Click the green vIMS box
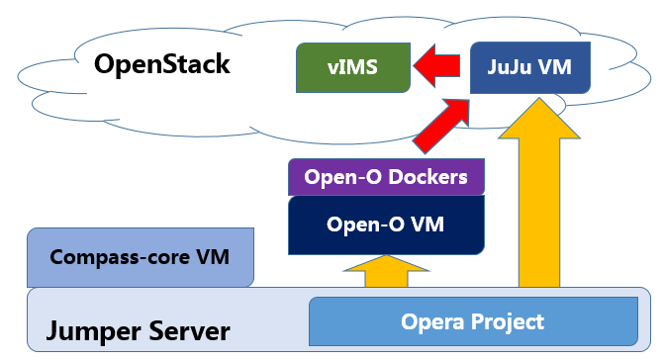point(353,67)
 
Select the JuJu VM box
point(530,67)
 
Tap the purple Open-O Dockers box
point(386,177)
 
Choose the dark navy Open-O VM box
point(386,225)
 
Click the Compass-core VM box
point(141,257)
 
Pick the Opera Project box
point(473,321)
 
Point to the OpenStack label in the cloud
point(162,64)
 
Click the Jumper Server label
point(139,331)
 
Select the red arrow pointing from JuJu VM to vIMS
point(436,66)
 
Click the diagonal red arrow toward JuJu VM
point(441,126)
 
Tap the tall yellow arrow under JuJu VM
point(539,193)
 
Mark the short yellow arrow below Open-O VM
point(386,272)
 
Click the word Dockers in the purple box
point(427,177)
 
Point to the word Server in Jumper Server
point(190,331)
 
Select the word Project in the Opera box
point(508,322)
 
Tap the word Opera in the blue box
point(433,322)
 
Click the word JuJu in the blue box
point(509,67)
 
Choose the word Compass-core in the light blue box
point(120,257)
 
